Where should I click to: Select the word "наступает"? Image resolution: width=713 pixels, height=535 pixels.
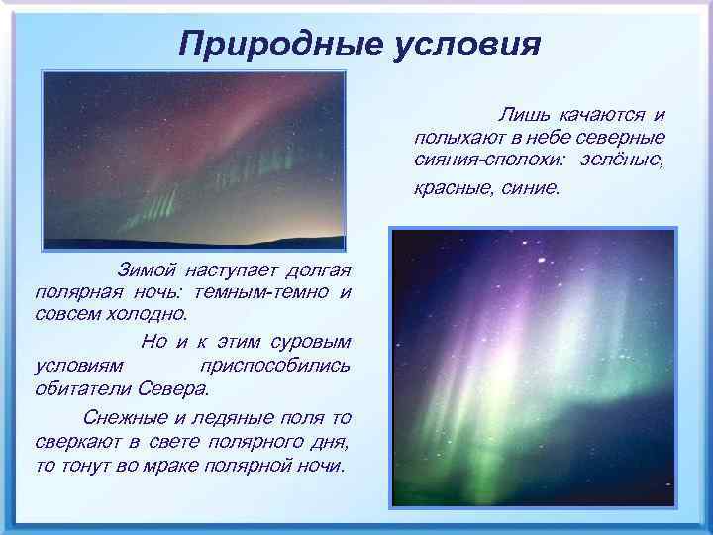pyautogui.click(x=229, y=269)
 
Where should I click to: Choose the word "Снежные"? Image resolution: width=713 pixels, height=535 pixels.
pyautogui.click(x=124, y=416)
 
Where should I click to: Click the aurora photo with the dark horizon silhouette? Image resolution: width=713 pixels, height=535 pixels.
pyautogui.click(x=193, y=160)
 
